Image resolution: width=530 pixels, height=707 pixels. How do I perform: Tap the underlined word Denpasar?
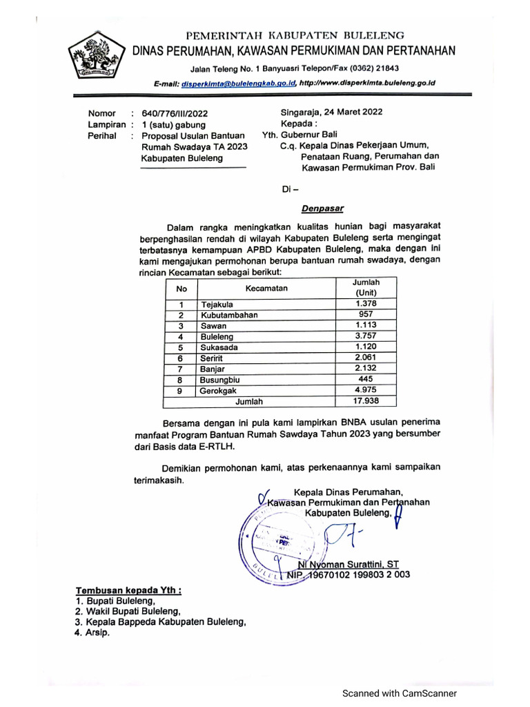322,207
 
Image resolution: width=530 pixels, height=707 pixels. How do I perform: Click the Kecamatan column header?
266,288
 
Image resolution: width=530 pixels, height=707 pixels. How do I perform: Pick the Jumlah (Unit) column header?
366,288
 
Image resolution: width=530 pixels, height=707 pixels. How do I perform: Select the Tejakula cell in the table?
217,304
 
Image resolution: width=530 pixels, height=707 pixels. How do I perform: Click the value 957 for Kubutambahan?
366,315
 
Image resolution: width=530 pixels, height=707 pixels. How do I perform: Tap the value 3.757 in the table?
366,336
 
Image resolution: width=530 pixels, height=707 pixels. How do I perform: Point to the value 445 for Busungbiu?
366,379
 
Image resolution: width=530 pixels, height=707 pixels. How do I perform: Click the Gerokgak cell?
219,390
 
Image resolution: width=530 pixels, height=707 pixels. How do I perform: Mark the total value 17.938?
366,400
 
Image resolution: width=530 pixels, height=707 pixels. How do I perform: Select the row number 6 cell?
180,358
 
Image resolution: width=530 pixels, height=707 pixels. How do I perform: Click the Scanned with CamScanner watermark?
400,693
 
